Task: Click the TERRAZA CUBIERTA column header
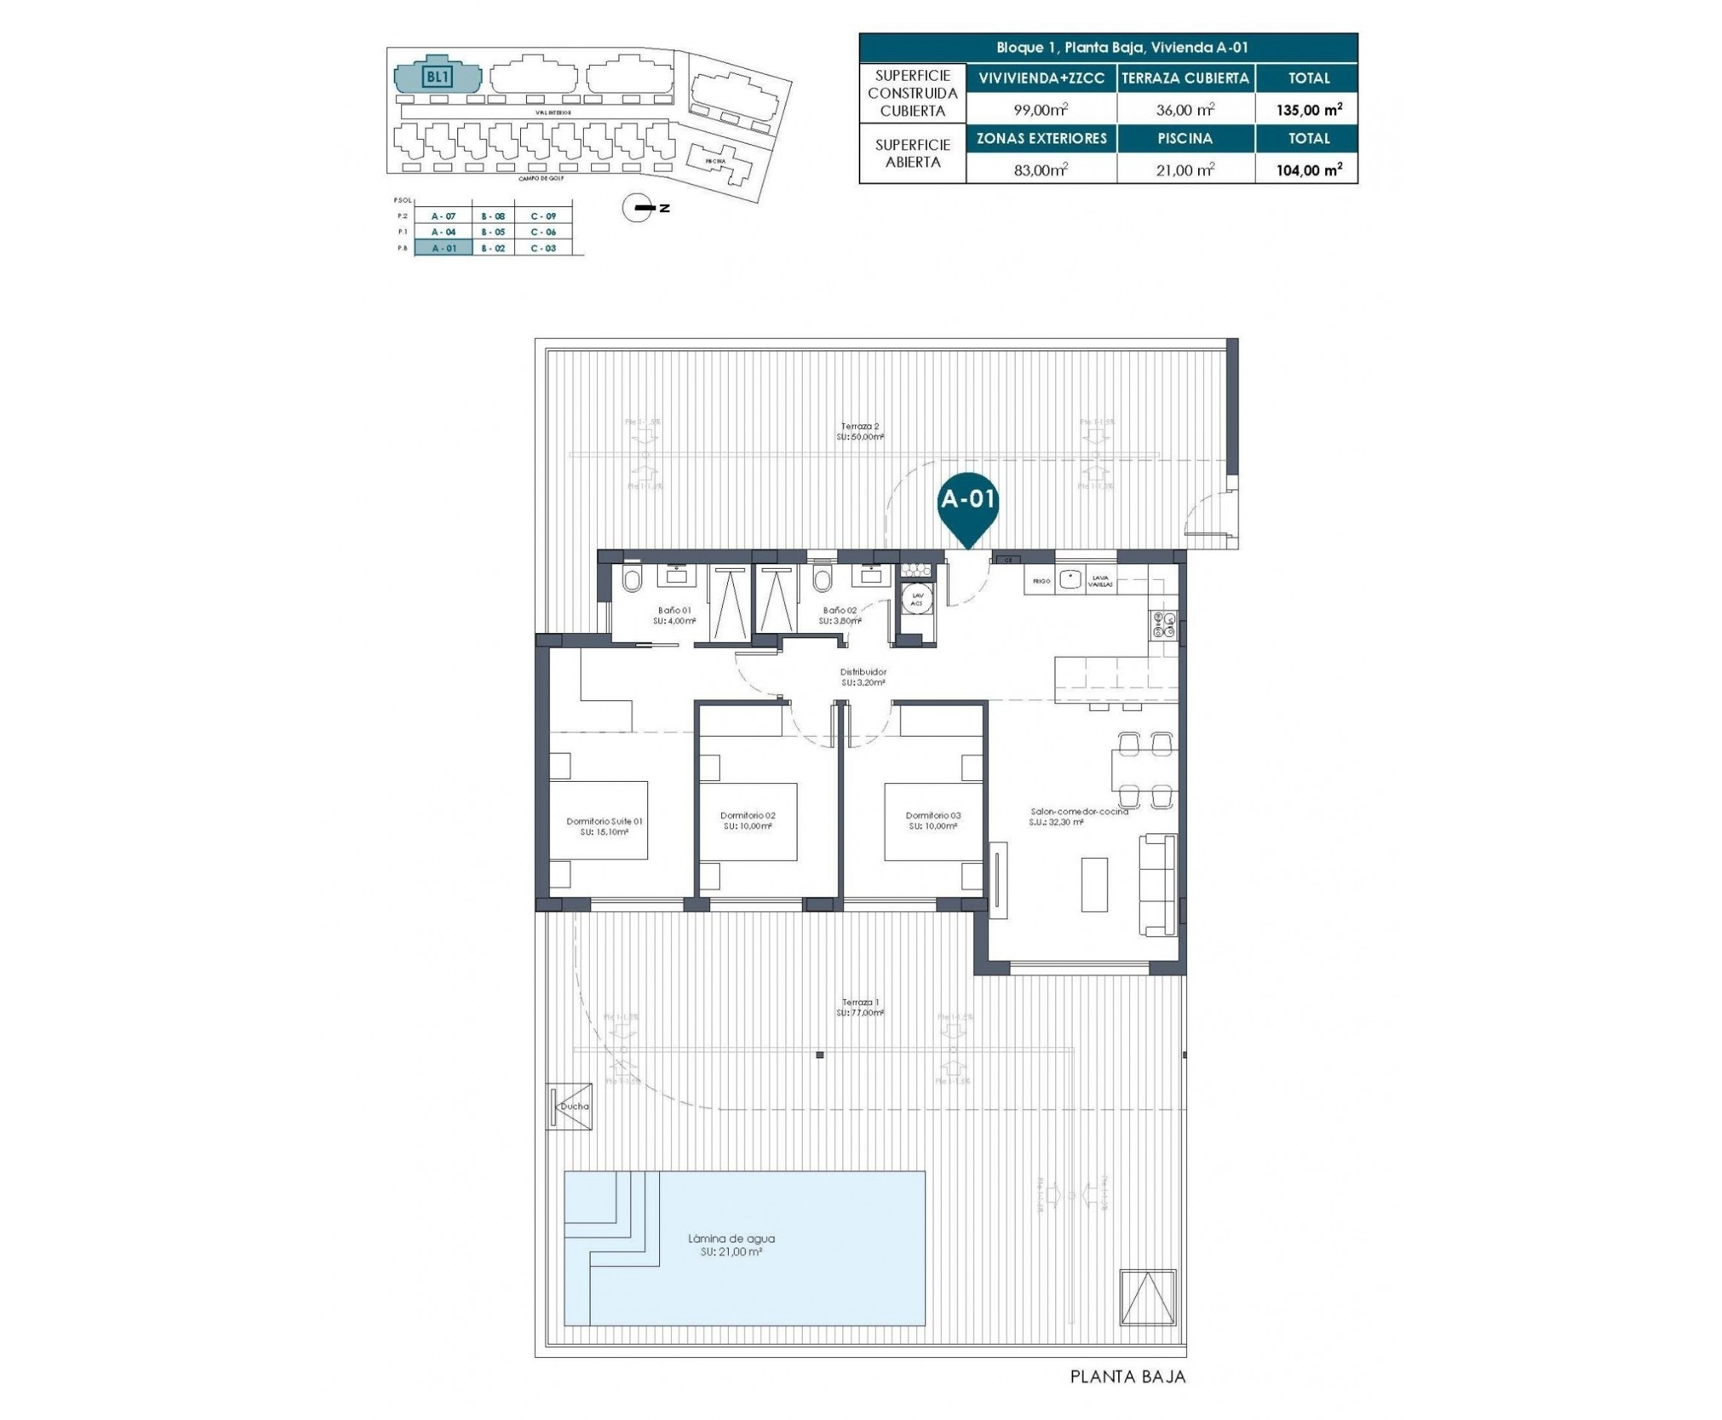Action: click(1185, 78)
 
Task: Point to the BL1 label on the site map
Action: click(438, 77)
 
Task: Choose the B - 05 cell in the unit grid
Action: click(493, 232)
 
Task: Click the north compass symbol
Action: click(638, 209)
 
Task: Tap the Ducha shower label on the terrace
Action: click(573, 1107)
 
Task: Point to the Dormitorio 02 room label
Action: click(747, 815)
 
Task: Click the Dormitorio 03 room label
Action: click(933, 815)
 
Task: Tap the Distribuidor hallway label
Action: click(863, 673)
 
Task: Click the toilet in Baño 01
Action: click(632, 580)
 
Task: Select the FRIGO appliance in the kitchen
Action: click(1040, 581)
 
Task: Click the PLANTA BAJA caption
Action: click(1127, 1377)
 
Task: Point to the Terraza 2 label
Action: click(860, 426)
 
